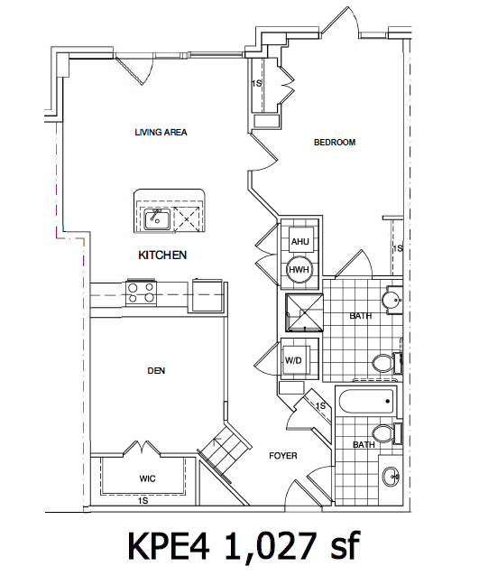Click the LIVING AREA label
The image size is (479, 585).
pyautogui.click(x=161, y=133)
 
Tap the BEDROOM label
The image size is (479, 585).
pyautogui.click(x=334, y=143)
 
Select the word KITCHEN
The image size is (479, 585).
pyautogui.click(x=162, y=255)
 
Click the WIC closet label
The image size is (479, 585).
pyautogui.click(x=148, y=479)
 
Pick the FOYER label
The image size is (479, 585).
pyautogui.click(x=283, y=456)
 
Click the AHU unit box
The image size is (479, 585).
pyautogui.click(x=300, y=241)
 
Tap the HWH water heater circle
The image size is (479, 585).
pyautogui.click(x=299, y=269)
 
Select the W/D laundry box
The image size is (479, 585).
pyautogui.click(x=294, y=361)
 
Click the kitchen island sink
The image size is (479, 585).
pyautogui.click(x=157, y=218)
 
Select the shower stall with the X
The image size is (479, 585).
pyautogui.click(x=303, y=314)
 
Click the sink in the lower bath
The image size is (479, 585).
pyautogui.click(x=391, y=475)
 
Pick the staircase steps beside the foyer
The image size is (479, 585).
pyautogui.click(x=221, y=449)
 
